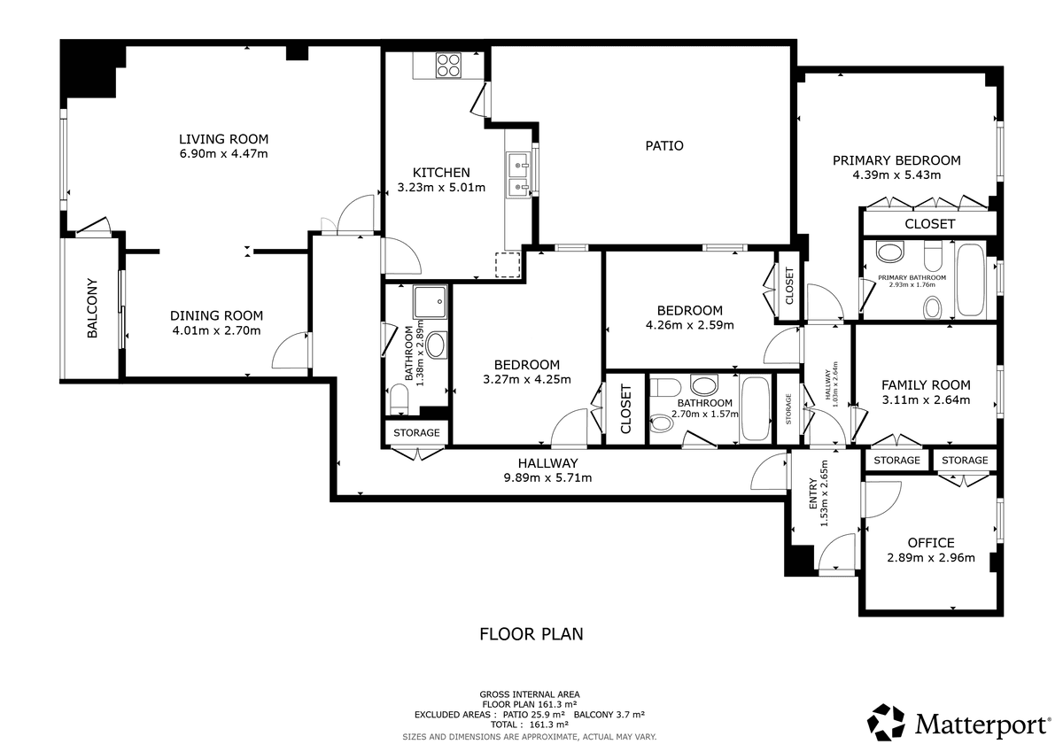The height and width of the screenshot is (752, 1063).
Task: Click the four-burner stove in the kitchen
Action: pos(448,65)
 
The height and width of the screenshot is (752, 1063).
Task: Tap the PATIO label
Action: pos(663,145)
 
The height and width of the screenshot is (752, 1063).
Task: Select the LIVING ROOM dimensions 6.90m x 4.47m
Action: pos(223,154)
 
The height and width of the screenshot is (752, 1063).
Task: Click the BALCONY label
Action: pos(92,308)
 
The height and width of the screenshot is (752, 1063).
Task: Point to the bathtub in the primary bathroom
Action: pos(971,279)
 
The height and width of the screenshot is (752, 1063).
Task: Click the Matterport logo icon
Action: pos(886,722)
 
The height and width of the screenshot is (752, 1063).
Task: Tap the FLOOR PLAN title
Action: pos(531,634)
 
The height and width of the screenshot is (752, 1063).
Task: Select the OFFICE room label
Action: pos(931,542)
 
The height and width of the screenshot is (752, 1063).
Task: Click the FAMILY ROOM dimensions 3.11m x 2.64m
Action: pos(926,400)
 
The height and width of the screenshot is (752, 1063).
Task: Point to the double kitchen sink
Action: pos(518,174)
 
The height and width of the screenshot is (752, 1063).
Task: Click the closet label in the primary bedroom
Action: pos(929,224)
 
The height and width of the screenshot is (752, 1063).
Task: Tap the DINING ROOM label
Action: pos(216,315)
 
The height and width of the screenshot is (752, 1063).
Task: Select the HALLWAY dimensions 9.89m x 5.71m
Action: pos(547,477)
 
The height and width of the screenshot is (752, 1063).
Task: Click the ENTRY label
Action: pos(813,493)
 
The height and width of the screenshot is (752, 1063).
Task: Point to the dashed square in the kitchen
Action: pos(508,265)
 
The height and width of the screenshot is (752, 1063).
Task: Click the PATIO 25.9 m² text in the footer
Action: pos(534,715)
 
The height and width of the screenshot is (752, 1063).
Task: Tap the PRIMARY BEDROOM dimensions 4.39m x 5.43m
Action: pos(896,175)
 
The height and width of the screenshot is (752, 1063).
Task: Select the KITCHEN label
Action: pos(441,172)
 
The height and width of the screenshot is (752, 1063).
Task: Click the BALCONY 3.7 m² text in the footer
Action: pos(609,715)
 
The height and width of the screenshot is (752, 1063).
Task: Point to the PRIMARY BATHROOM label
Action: pos(912,277)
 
